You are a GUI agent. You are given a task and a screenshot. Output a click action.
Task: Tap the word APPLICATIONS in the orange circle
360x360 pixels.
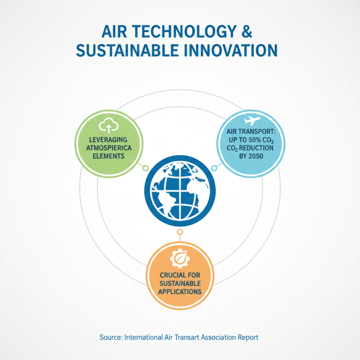(x=180, y=291)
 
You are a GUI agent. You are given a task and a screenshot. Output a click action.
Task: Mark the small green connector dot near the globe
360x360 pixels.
(x=145, y=168)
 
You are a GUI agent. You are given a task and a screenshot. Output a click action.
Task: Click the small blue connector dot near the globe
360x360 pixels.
(x=214, y=168)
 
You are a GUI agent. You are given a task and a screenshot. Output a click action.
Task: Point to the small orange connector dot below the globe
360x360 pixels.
(x=180, y=232)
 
